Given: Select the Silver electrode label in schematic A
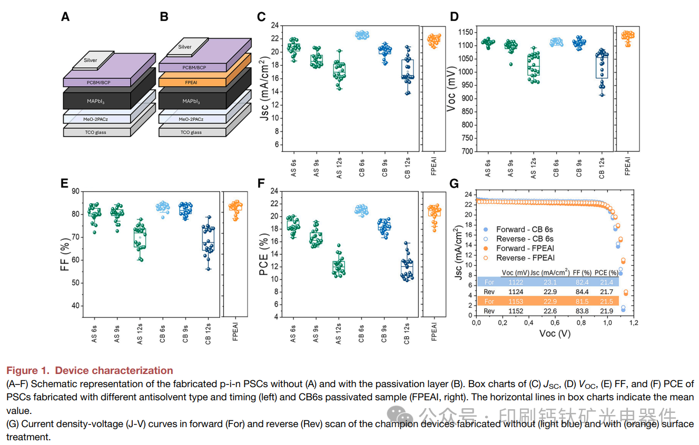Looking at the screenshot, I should pyautogui.click(x=91, y=60).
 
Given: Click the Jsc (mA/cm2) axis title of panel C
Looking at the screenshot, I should pyautogui.click(x=265, y=87).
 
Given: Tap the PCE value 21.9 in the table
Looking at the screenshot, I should pyautogui.click(x=606, y=311).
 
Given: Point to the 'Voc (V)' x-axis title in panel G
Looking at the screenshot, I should pyautogui.click(x=554, y=333).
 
